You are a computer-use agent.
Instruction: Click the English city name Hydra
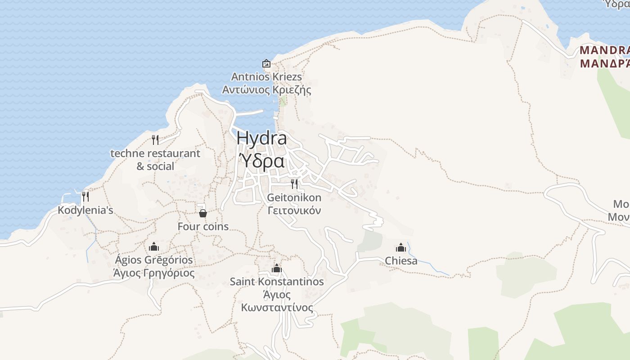(x=261, y=138)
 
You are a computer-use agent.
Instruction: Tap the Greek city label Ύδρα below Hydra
(x=261, y=161)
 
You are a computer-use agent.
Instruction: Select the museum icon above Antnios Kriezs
(x=266, y=63)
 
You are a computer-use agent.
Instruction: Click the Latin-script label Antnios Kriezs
(x=266, y=76)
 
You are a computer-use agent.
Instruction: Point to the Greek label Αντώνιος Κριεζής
(x=266, y=90)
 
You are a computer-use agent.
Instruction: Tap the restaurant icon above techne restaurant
(x=155, y=140)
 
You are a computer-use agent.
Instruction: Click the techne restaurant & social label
(x=155, y=159)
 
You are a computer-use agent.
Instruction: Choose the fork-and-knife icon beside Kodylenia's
(x=85, y=197)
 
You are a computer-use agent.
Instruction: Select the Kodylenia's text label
(x=85, y=210)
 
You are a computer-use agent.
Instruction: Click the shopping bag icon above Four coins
(x=203, y=213)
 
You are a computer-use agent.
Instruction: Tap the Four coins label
(x=203, y=226)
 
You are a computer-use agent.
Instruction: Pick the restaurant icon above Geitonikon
(x=294, y=184)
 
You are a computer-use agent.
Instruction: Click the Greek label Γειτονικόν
(x=294, y=210)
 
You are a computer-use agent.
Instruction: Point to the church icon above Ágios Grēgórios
(x=154, y=247)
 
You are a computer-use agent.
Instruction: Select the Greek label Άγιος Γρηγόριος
(x=154, y=273)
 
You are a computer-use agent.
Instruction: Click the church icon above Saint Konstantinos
(x=277, y=269)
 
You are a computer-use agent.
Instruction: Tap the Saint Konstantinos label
(x=277, y=282)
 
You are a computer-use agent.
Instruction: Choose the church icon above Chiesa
(x=401, y=247)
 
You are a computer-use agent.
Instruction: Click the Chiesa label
(x=401, y=261)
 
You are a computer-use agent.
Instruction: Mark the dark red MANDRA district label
(x=605, y=50)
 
